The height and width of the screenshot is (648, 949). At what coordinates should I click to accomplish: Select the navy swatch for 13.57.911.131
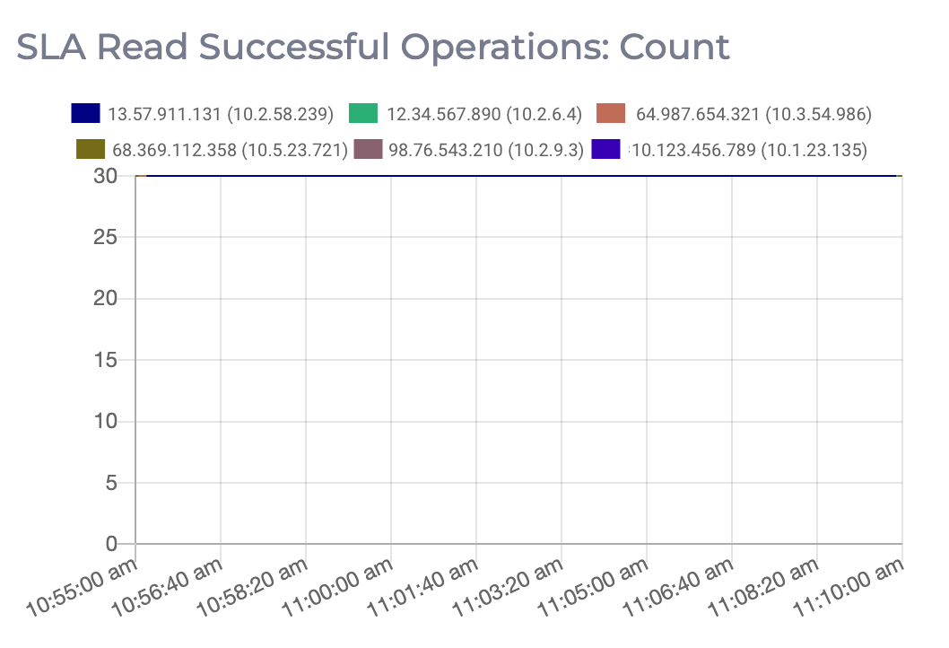click(85, 114)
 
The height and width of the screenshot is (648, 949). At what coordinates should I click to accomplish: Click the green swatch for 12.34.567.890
click(363, 114)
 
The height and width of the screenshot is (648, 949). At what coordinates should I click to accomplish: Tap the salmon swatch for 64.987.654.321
click(611, 114)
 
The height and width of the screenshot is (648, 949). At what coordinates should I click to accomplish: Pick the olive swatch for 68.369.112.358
click(91, 150)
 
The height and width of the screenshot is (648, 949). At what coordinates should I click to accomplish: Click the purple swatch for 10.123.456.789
click(606, 150)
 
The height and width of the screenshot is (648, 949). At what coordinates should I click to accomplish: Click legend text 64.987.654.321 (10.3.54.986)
click(753, 114)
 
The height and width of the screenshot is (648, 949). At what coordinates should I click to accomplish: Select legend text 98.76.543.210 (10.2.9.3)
click(486, 150)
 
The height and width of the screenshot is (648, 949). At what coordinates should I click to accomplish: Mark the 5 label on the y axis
click(111, 483)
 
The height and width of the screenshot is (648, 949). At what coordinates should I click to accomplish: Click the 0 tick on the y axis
click(111, 544)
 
